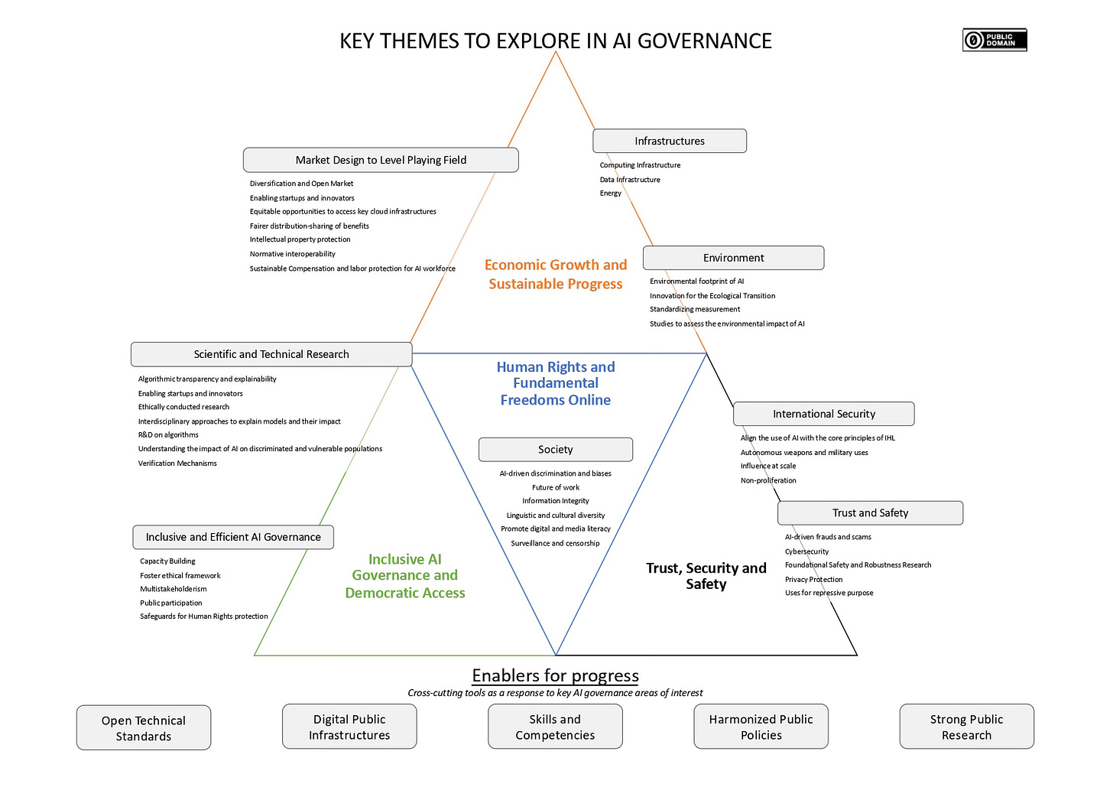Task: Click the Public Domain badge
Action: coord(994,40)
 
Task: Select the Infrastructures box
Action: coord(670,141)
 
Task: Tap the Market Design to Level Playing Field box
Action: coord(381,160)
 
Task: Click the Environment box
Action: coord(733,258)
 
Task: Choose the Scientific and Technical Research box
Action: coord(271,354)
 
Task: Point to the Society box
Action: coord(556,450)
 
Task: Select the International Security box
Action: coord(823,414)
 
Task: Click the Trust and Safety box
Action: coord(870,513)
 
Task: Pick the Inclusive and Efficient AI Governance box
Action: coord(233,537)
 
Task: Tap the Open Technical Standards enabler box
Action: coord(144,728)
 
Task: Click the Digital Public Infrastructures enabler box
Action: coord(349,727)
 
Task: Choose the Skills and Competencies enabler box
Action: coord(555,727)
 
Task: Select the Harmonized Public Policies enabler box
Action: coord(761,727)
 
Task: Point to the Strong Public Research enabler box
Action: coord(966,727)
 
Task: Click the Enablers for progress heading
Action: coord(555,675)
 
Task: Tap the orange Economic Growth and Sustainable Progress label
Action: coord(556,274)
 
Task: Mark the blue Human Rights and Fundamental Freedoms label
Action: coord(556,383)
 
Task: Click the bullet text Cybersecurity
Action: coord(806,551)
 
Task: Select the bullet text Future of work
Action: coord(556,487)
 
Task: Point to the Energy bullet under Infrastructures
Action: coord(611,193)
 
